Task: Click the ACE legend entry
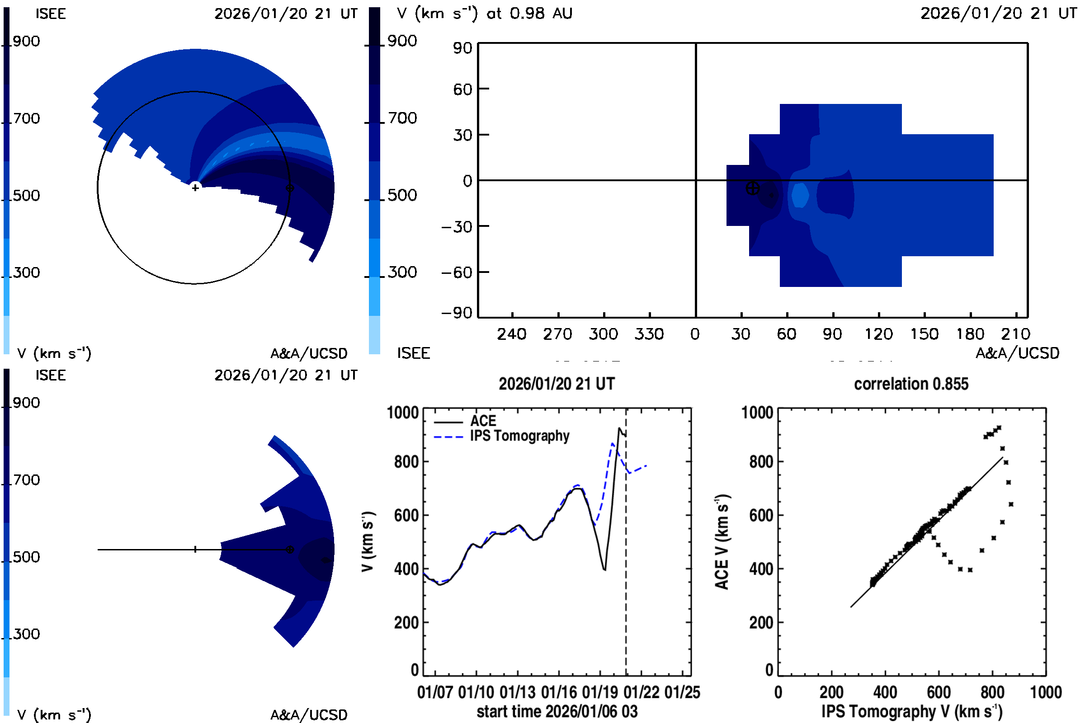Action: pyautogui.click(x=482, y=421)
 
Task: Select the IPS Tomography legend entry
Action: pyautogui.click(x=519, y=436)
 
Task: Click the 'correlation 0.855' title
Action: pyautogui.click(x=910, y=384)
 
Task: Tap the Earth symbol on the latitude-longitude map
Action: pyautogui.click(x=752, y=188)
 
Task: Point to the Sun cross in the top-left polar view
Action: pyautogui.click(x=195, y=188)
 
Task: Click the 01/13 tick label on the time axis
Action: pyautogui.click(x=517, y=693)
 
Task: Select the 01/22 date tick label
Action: pyautogui.click(x=641, y=693)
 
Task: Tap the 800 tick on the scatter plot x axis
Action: pyautogui.click(x=992, y=693)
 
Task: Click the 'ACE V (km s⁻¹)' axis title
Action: pyautogui.click(x=722, y=542)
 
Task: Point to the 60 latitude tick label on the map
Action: pyautogui.click(x=462, y=89)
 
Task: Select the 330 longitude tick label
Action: pyautogui.click(x=649, y=334)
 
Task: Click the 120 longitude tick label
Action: pyautogui.click(x=878, y=334)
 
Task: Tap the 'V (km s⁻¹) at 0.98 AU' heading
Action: pyautogui.click(x=484, y=14)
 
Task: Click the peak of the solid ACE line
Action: pyautogui.click(x=619, y=428)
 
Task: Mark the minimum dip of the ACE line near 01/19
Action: pyautogui.click(x=604, y=570)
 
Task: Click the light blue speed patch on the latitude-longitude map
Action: pyautogui.click(x=800, y=195)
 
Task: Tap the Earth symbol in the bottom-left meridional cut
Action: pyautogui.click(x=290, y=549)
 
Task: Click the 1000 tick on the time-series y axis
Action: pyautogui.click(x=403, y=413)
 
